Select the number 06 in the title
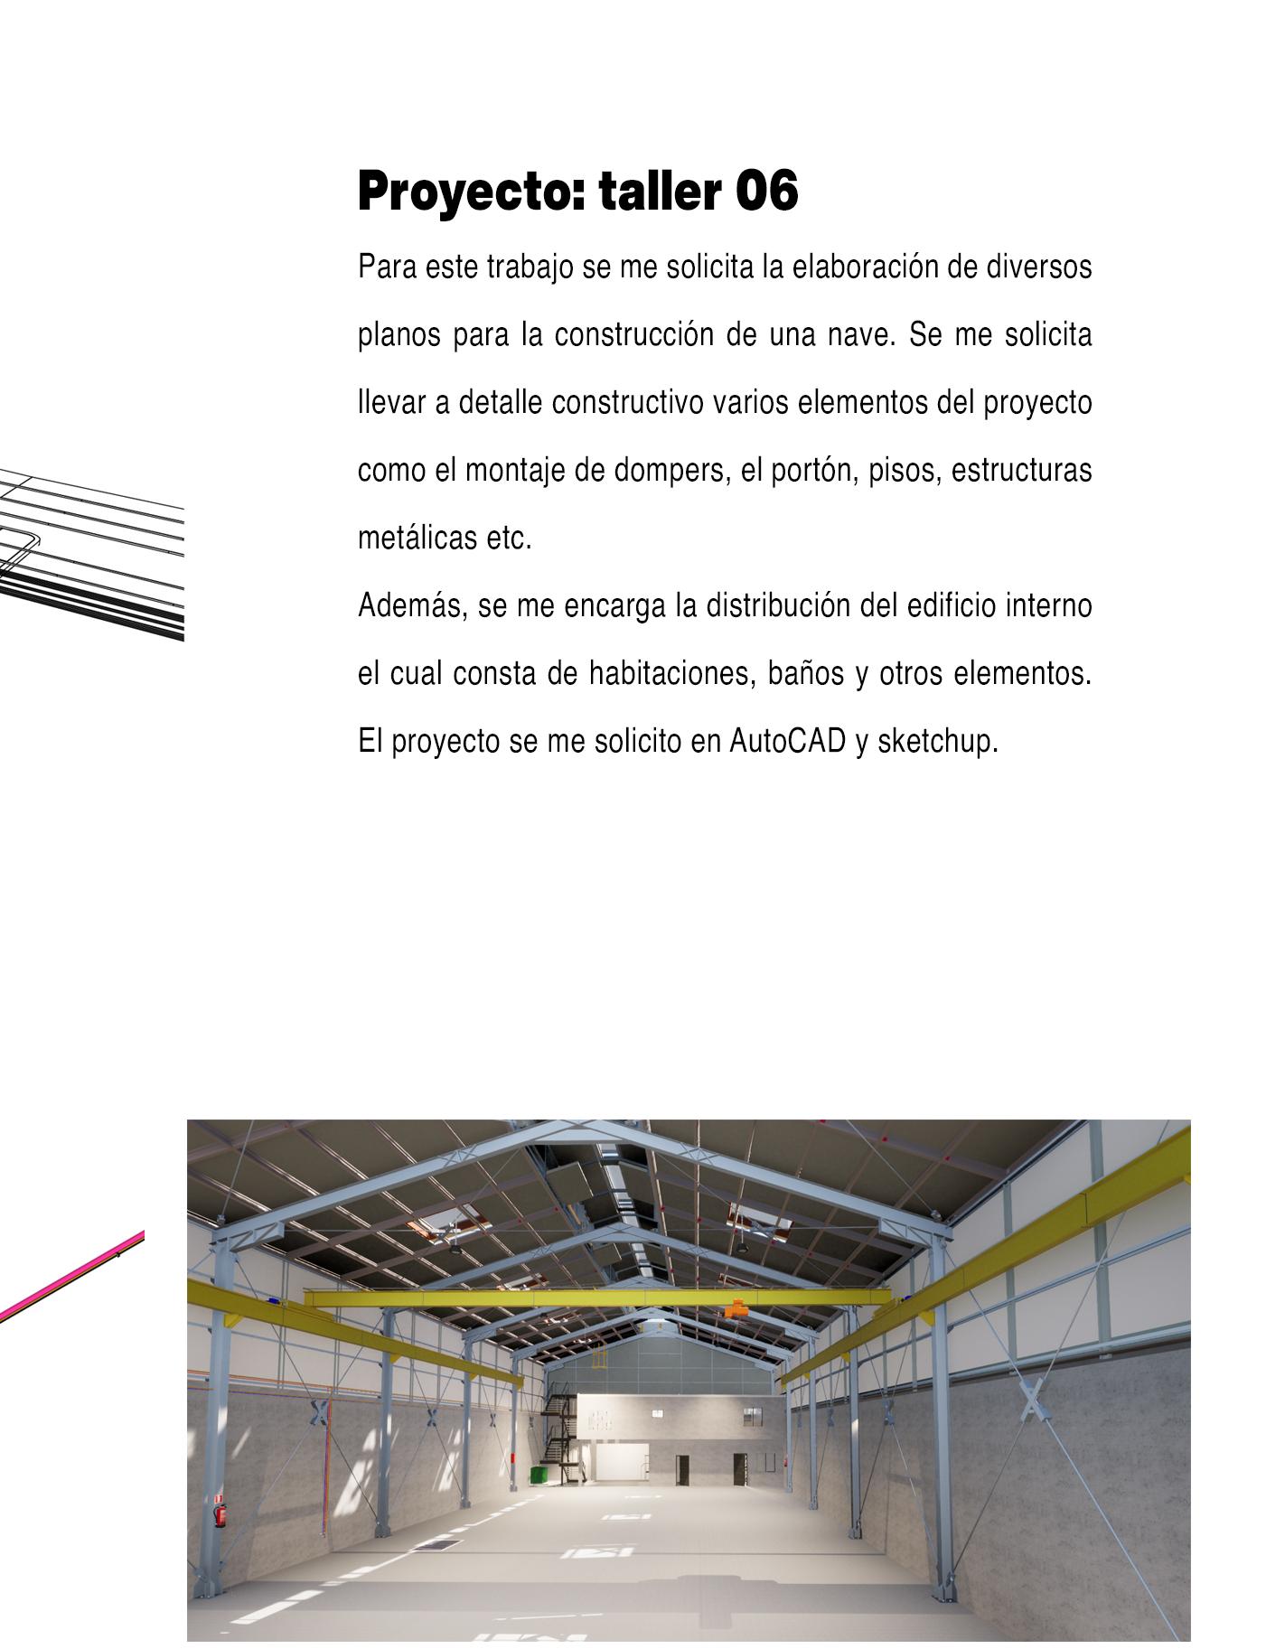click(x=766, y=192)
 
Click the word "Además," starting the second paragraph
click(x=412, y=605)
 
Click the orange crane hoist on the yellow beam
click(x=736, y=1307)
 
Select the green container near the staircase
click(x=539, y=1474)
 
